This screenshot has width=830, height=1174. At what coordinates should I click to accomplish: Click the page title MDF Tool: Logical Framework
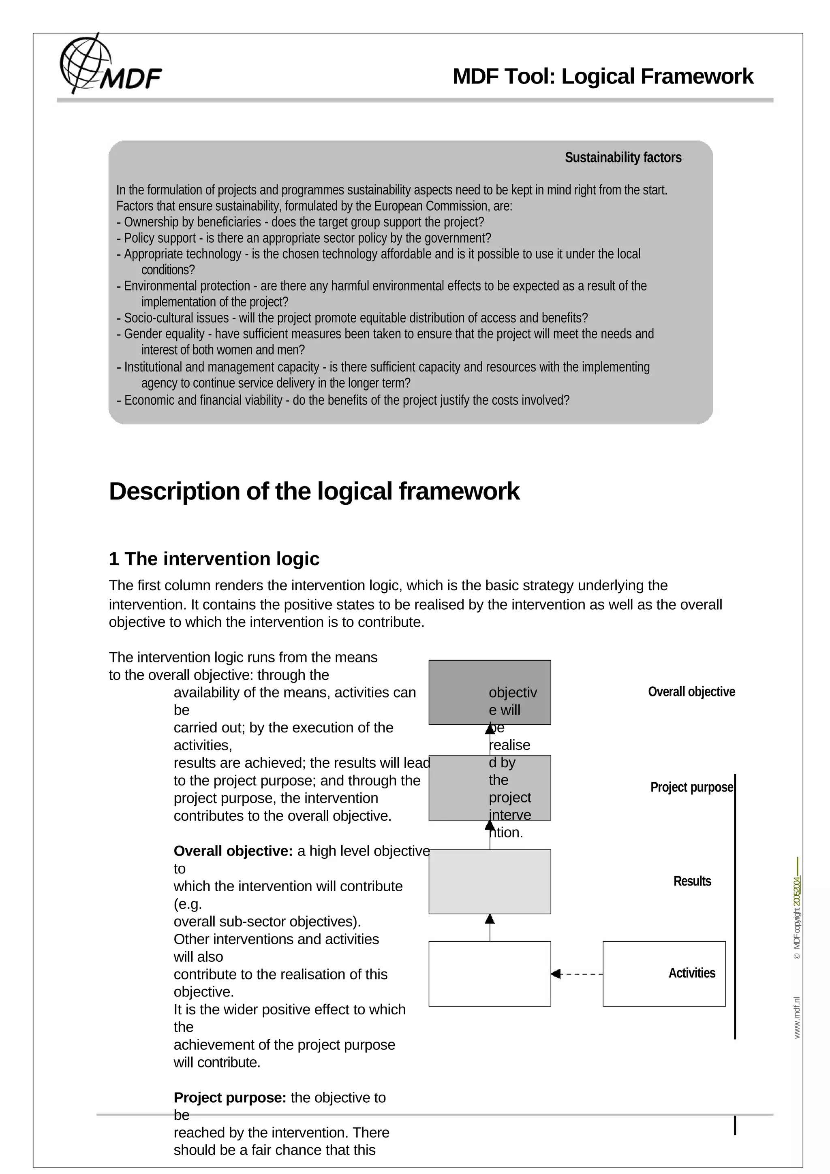pyautogui.click(x=602, y=77)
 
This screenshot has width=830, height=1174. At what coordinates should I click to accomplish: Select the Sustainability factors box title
pyautogui.click(x=622, y=158)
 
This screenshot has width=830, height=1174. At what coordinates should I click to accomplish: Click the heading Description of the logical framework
pyautogui.click(x=314, y=491)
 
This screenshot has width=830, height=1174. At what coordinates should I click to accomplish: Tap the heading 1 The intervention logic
pyautogui.click(x=214, y=559)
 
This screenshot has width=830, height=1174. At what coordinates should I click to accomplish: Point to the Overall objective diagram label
pyautogui.click(x=691, y=692)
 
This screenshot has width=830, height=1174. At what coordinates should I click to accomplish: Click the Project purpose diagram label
pyautogui.click(x=691, y=788)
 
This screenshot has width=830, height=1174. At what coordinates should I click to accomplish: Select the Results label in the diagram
pyautogui.click(x=691, y=882)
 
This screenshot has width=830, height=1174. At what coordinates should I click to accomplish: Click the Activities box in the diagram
pyautogui.click(x=664, y=973)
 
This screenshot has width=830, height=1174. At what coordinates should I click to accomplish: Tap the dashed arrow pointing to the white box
pyautogui.click(x=577, y=974)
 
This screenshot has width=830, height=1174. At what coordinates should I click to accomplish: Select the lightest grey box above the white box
pyautogui.click(x=490, y=882)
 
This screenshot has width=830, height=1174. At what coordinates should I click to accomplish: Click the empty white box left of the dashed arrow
pyautogui.click(x=490, y=974)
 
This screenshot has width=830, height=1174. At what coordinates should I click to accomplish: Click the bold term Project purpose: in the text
pyautogui.click(x=230, y=1098)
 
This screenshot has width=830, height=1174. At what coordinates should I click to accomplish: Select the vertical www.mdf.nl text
pyautogui.click(x=797, y=1018)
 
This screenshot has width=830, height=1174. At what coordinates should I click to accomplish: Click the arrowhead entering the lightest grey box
pyautogui.click(x=490, y=919)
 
